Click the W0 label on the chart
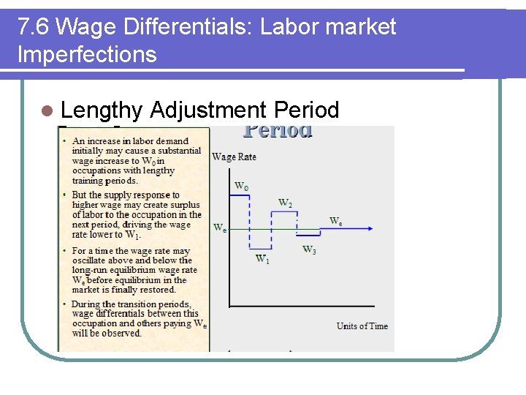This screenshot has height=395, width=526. click(240, 187)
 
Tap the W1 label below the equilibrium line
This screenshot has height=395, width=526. click(262, 258)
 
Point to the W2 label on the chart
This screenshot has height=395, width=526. click(285, 203)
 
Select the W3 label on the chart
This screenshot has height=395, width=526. click(310, 250)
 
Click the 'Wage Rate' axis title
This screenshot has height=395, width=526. click(234, 157)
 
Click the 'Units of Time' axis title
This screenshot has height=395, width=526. click(362, 326)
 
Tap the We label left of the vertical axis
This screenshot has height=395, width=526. click(219, 227)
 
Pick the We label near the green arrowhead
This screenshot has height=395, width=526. click(335, 220)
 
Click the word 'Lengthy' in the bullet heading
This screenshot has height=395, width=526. click(102, 110)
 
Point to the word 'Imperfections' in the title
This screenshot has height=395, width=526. click(87, 54)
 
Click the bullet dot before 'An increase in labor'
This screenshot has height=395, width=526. click(66, 141)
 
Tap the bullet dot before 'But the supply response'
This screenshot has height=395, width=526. click(66, 195)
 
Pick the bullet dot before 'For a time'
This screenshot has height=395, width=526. click(66, 250)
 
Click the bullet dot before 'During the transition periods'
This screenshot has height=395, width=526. click(66, 304)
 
